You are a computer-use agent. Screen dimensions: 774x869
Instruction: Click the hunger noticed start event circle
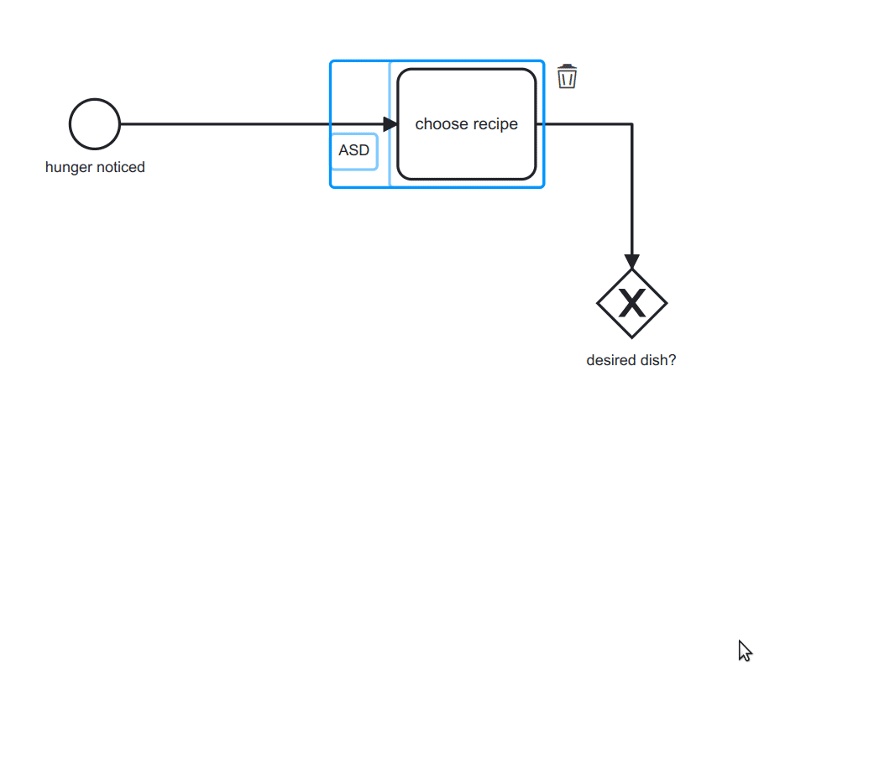point(95,124)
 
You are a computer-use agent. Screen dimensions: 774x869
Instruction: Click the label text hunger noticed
point(95,167)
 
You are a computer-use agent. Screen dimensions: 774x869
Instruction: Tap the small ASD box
point(353,151)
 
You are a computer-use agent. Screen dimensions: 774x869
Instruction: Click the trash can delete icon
point(568,77)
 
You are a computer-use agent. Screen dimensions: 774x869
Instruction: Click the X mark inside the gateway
point(631,303)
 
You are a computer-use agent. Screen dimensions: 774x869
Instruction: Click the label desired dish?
point(631,360)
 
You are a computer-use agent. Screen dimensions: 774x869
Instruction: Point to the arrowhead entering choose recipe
point(390,124)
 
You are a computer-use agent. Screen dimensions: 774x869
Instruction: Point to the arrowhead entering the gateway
point(631,261)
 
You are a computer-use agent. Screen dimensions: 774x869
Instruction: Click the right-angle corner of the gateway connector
point(631,124)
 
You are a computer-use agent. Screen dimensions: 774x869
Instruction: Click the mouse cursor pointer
point(744,650)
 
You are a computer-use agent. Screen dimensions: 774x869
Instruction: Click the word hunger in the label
point(69,167)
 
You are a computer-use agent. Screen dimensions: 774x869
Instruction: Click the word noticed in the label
point(120,167)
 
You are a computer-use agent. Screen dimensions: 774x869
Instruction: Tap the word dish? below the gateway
point(657,360)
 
